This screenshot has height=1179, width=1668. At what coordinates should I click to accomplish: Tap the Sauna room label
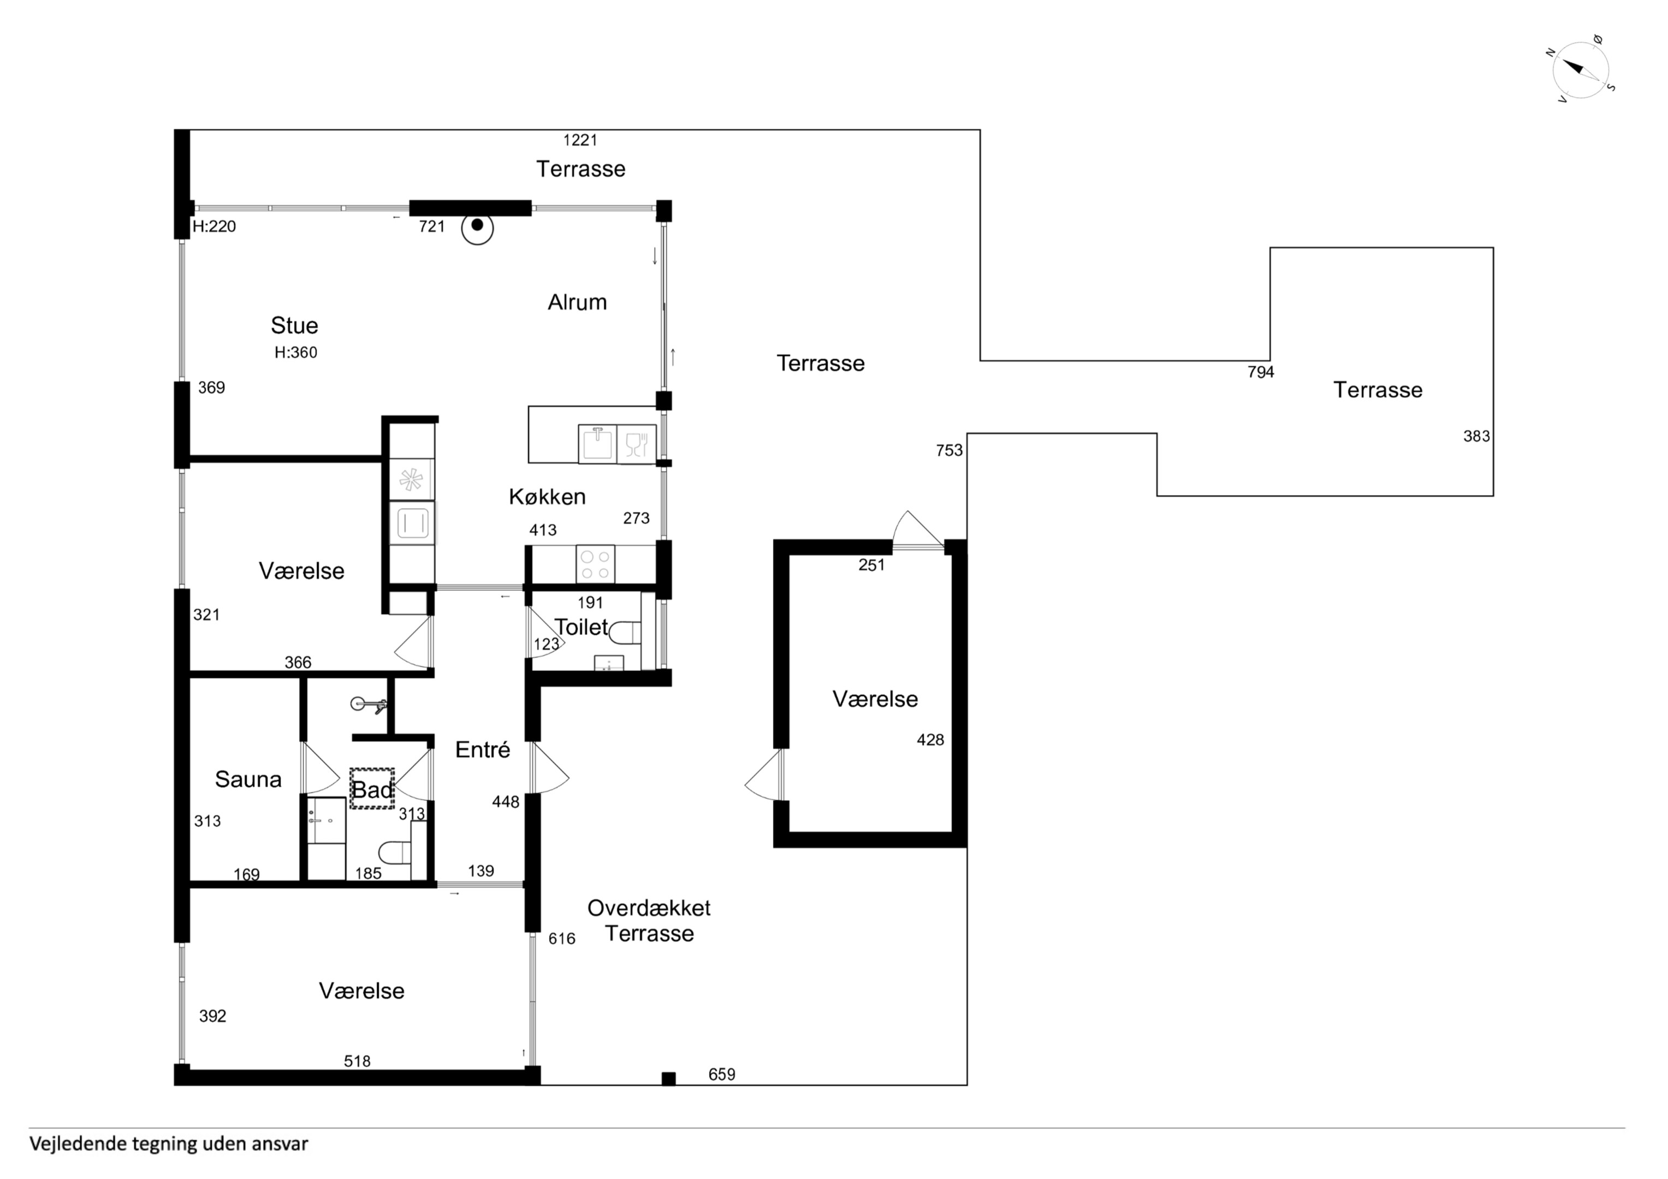[x=248, y=779]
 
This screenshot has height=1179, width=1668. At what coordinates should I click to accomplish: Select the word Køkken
[x=547, y=497]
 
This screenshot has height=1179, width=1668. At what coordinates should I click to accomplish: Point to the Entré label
[x=483, y=749]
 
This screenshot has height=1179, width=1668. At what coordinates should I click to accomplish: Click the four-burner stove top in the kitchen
[x=595, y=564]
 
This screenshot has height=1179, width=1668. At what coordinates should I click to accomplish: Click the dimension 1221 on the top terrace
[x=580, y=140]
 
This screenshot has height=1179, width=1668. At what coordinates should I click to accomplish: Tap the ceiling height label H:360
[x=296, y=352]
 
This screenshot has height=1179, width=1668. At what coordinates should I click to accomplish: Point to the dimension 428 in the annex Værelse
[x=930, y=740]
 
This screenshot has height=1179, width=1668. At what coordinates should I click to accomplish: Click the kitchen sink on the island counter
[x=597, y=443]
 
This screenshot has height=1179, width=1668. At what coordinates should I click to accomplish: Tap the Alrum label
[x=577, y=302]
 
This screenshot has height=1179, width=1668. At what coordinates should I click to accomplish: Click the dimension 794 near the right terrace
[x=1261, y=372]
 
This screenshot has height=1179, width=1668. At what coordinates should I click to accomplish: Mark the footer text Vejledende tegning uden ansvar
[x=169, y=1144]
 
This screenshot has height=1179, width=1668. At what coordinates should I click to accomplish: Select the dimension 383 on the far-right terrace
[x=1476, y=436]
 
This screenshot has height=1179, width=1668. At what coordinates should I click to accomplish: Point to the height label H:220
[x=215, y=226]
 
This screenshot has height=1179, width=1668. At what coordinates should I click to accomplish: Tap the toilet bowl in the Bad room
[x=395, y=853]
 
